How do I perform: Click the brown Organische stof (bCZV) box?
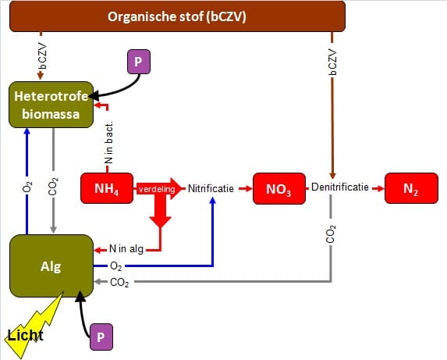click(177, 16)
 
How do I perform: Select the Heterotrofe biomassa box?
click(51, 105)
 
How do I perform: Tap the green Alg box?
click(51, 266)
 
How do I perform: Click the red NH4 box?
click(107, 188)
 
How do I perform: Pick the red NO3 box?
click(279, 188)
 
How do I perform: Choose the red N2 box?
click(411, 188)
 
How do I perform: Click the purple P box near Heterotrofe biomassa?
click(139, 62)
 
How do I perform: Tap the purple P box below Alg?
click(101, 337)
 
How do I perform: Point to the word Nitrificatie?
click(211, 188)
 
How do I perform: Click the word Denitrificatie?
click(340, 187)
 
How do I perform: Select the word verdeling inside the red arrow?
click(157, 189)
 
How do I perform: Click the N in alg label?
click(126, 249)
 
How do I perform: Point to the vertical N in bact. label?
click(109, 143)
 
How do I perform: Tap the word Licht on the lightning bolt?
click(26, 335)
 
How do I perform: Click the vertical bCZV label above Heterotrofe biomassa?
click(42, 56)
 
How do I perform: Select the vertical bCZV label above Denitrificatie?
click(332, 62)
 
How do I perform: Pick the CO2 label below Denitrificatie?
click(331, 234)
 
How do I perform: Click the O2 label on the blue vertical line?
click(27, 187)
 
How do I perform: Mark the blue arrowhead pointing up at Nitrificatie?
click(213, 201)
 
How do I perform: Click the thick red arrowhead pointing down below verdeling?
click(160, 222)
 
